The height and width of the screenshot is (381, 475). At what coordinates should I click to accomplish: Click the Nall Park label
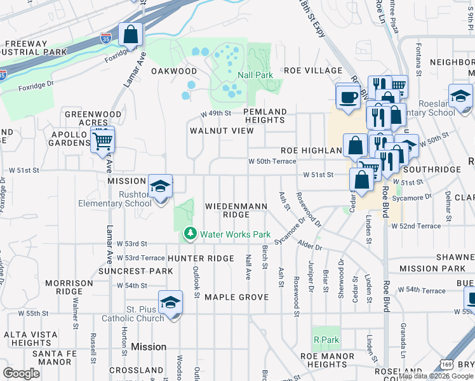[255, 75]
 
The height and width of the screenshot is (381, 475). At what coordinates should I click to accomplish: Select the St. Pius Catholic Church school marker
[170, 303]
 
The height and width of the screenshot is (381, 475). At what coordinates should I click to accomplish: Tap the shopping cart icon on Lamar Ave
[102, 140]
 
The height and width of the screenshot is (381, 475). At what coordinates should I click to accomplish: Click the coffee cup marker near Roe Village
[348, 97]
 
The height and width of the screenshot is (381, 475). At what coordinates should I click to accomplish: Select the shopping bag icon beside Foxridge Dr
[130, 35]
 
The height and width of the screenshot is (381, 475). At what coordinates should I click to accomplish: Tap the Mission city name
[149, 347]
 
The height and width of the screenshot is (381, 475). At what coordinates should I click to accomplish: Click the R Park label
[326, 340]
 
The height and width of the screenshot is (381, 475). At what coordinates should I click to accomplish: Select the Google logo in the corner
[21, 373]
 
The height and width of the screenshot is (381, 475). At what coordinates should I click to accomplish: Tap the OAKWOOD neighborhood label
[174, 71]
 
